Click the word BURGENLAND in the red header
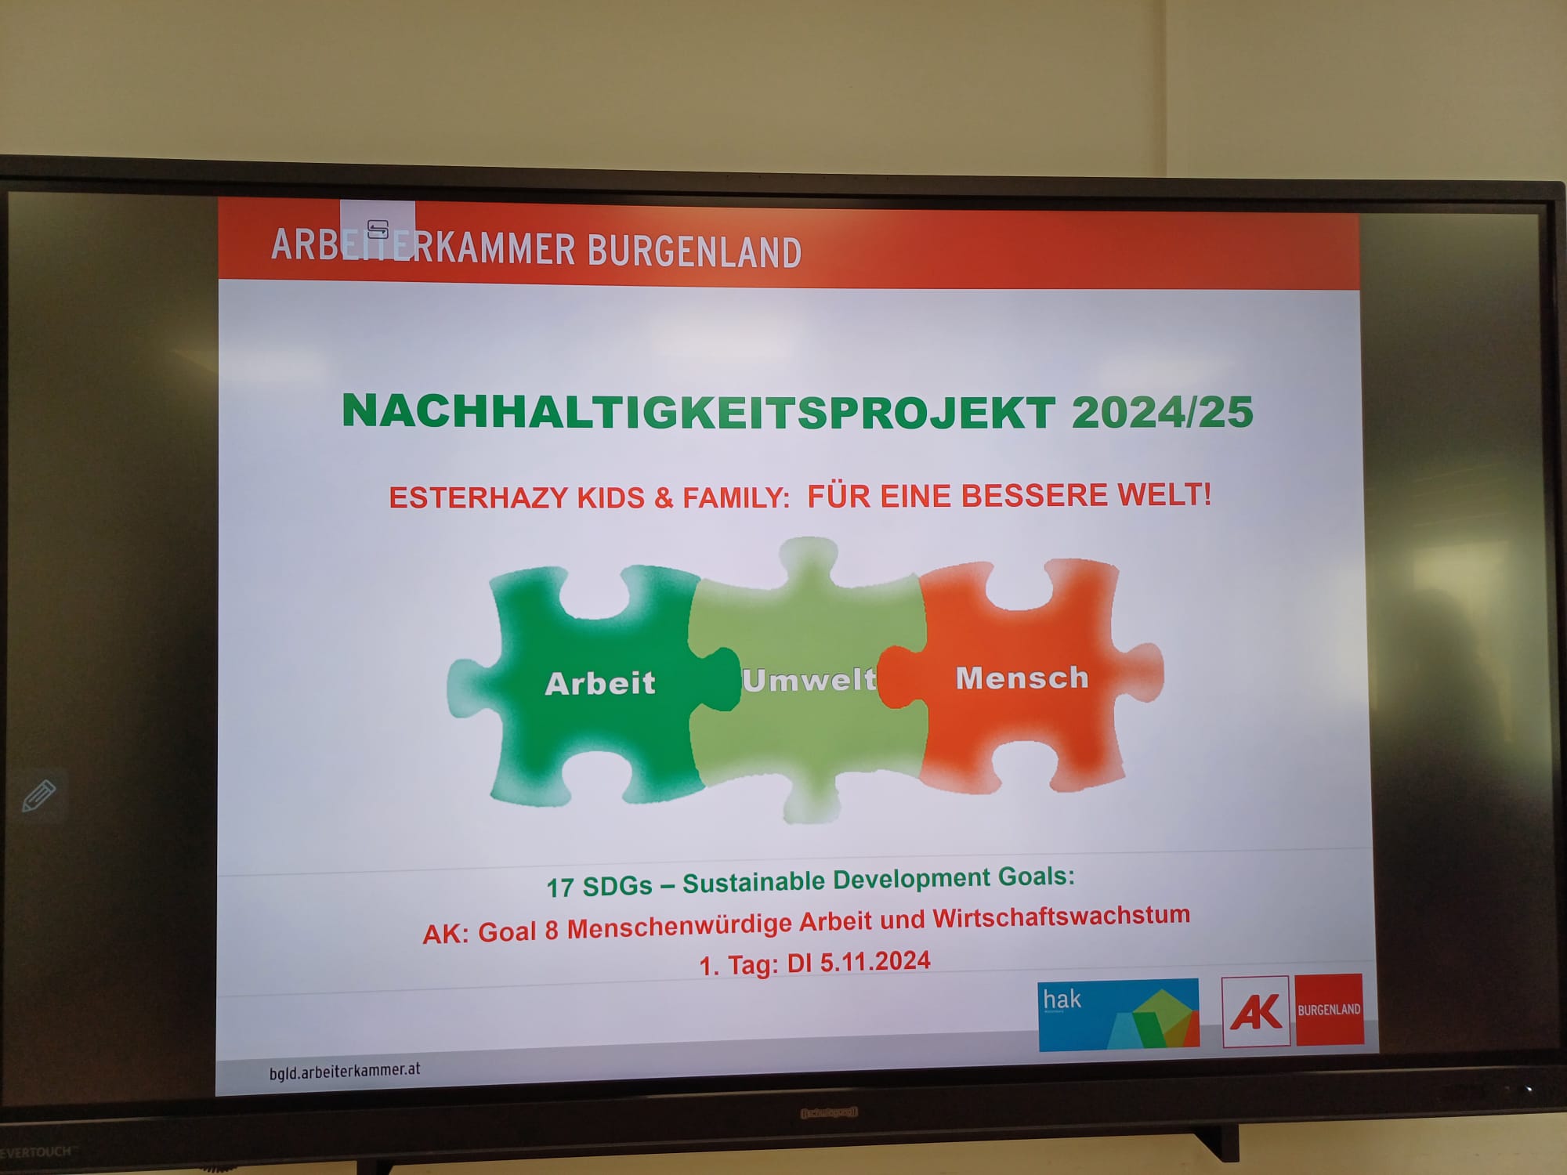click(x=694, y=251)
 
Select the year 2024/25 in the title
click(x=1162, y=412)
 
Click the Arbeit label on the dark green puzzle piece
click(x=600, y=683)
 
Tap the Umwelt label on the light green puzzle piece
click(x=809, y=680)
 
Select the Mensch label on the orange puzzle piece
click(x=1022, y=678)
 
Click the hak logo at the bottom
click(x=1118, y=1014)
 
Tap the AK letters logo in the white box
click(x=1256, y=1011)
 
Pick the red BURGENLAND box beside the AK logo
click(x=1330, y=1010)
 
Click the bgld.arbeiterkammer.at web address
click(x=345, y=1071)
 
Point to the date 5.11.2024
click(x=875, y=961)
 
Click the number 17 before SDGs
click(x=560, y=888)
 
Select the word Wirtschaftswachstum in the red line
click(x=1061, y=916)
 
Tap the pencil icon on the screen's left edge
click(x=38, y=796)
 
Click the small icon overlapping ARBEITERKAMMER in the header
click(x=378, y=229)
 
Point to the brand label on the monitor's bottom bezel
click(x=828, y=1112)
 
